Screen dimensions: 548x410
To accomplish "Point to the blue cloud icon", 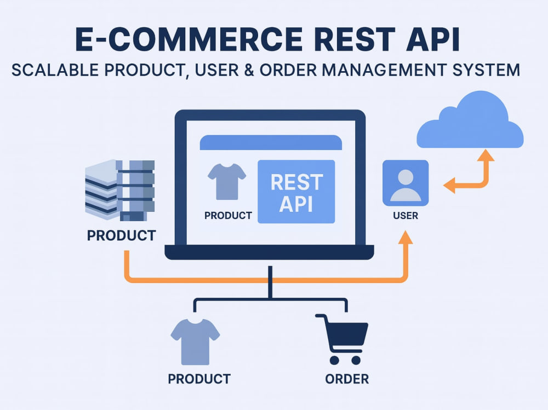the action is (x=470, y=120).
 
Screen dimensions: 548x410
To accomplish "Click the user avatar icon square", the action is (x=406, y=183).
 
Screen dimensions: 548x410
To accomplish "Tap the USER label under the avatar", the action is (x=406, y=216).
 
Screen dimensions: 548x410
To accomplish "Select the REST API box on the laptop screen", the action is (x=296, y=192).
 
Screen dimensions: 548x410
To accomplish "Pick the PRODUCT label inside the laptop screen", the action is (x=228, y=216).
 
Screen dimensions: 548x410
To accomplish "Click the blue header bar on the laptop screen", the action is (x=271, y=142).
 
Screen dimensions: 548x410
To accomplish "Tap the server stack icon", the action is (x=120, y=190).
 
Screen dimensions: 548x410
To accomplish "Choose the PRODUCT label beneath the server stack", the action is (x=121, y=235).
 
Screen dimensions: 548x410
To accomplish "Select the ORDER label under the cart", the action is (x=347, y=379).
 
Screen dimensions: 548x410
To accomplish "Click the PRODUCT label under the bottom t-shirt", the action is (x=199, y=379).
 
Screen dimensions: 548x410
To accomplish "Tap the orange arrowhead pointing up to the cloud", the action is (x=486, y=155).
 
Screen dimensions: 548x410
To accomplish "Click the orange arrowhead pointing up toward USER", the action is (x=406, y=238).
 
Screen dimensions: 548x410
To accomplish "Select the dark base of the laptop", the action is (x=269, y=252).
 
